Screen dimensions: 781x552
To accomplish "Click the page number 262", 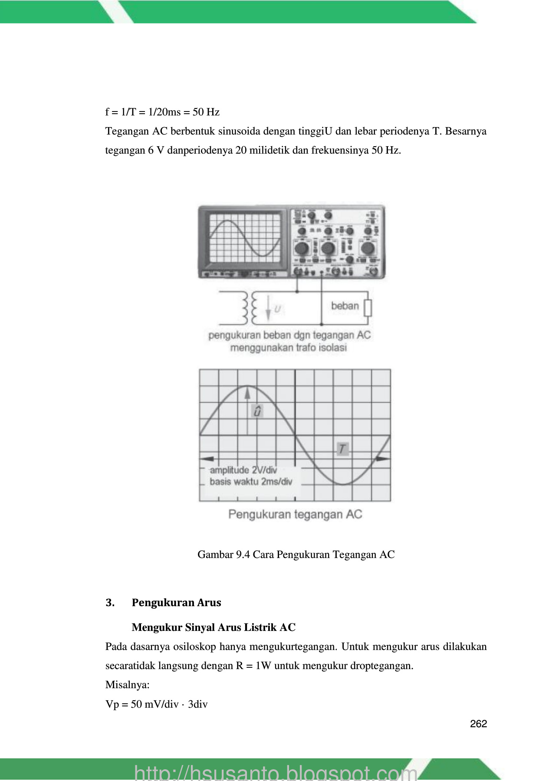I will coord(478,724).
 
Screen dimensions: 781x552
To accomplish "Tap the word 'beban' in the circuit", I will coord(345,306).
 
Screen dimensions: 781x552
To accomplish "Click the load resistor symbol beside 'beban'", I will coord(368,308).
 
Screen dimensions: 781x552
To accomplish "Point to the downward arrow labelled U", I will coord(268,308).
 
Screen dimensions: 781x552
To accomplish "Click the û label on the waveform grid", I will coord(257,411).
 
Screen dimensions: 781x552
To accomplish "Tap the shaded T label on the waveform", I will coord(343,449).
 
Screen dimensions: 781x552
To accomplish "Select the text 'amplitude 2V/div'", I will coord(243,470).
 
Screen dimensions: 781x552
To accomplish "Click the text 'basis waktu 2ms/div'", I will coord(251,482).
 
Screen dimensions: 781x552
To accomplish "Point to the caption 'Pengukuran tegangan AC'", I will coord(295,515).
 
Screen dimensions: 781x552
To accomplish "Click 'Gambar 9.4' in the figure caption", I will coord(223,555).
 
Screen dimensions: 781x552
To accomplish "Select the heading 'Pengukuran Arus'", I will coord(176,603).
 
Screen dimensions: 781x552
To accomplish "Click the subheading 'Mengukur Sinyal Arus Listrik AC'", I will coord(214,627).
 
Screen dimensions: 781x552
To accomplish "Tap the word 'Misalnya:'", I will coord(127,685).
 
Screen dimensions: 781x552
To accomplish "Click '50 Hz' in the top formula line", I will coord(206,112).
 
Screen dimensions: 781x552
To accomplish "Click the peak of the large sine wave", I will coord(247,386).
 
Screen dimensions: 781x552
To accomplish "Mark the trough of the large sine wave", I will coord(343,484).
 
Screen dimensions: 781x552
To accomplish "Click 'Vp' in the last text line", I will coord(112,704).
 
